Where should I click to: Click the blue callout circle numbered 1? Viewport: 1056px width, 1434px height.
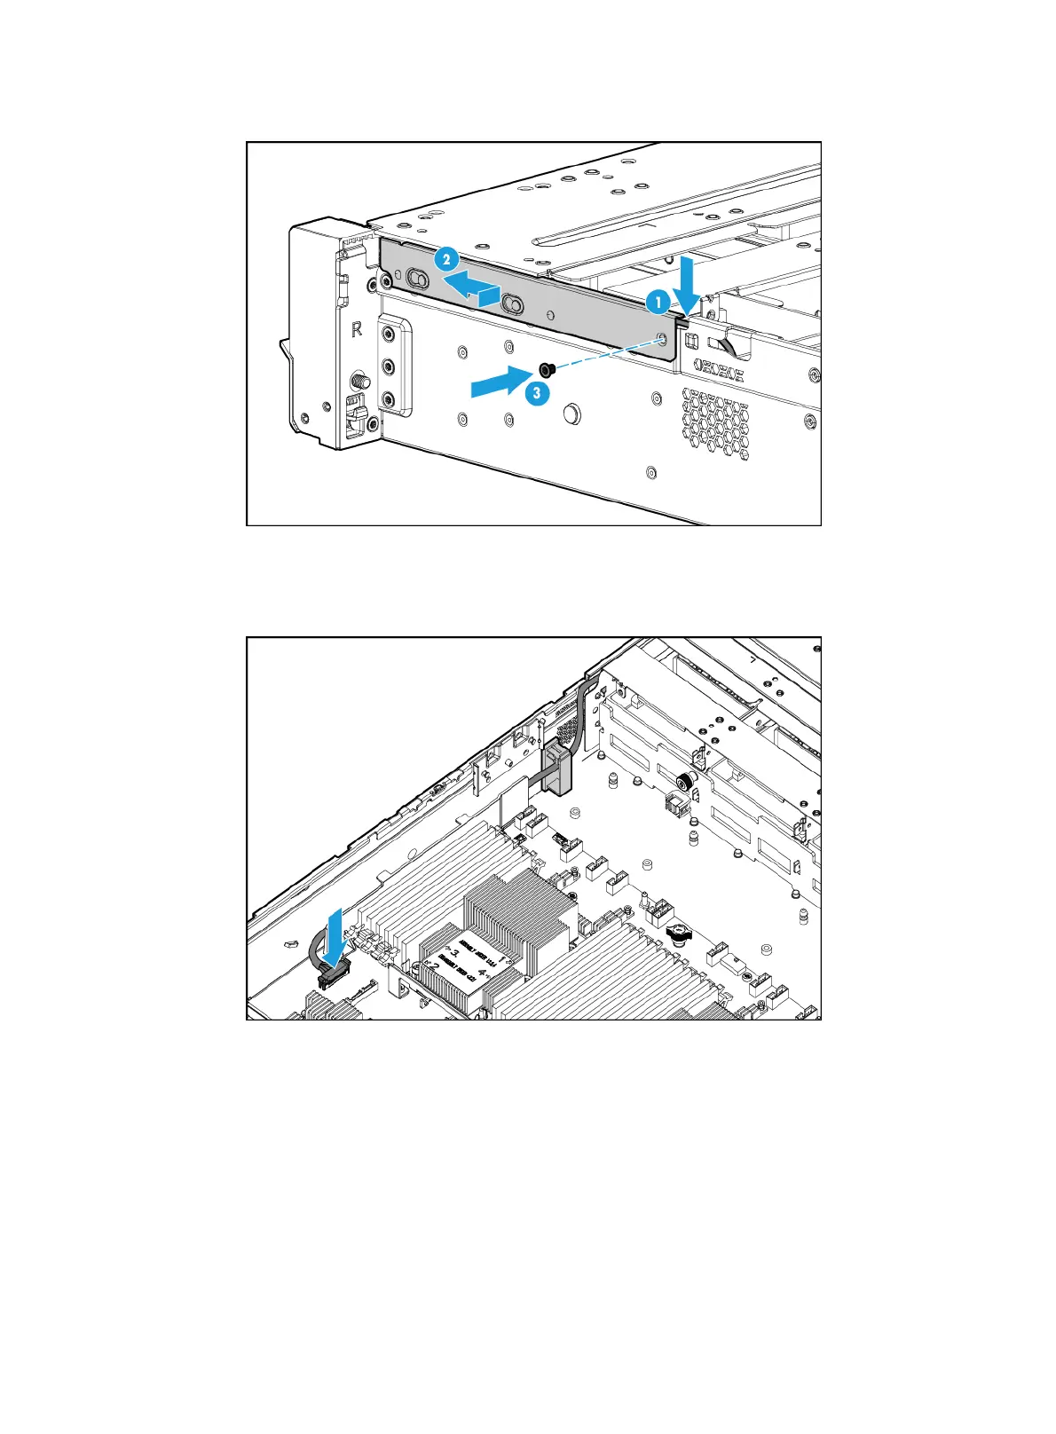pos(658,303)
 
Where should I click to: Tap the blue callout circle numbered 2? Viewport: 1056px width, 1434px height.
pos(446,259)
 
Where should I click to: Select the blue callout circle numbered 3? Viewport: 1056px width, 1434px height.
pos(535,391)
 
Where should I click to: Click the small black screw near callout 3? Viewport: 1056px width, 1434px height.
pos(546,368)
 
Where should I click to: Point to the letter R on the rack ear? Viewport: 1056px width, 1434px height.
pos(357,329)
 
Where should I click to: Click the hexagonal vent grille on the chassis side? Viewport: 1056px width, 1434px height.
pos(715,423)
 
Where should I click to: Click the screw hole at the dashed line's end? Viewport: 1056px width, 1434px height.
pos(661,338)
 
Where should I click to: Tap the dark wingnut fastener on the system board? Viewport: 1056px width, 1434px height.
pos(678,934)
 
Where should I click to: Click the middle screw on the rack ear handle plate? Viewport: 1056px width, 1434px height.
pos(388,366)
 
